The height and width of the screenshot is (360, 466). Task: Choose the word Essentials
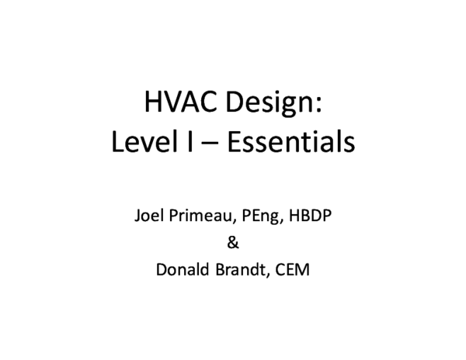coord(283,144)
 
